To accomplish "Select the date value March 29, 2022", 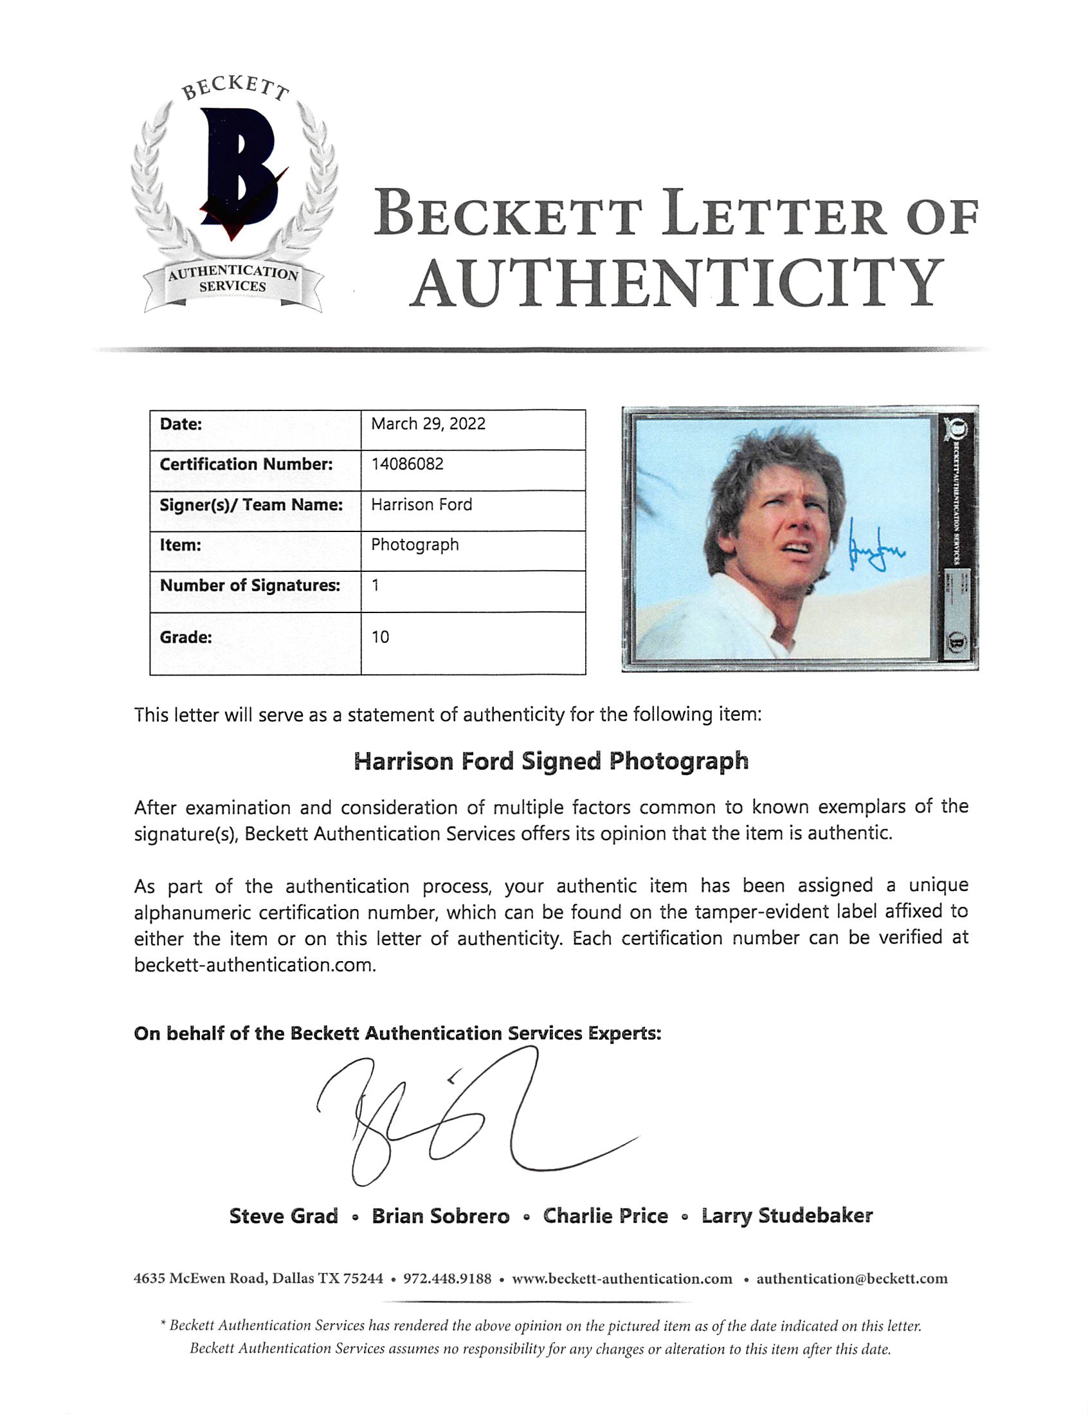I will click(428, 424).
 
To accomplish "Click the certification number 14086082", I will click(407, 464).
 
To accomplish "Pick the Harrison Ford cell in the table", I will click(421, 505).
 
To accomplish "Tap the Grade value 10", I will click(381, 637).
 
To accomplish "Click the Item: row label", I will click(181, 545).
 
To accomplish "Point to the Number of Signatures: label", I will click(250, 586).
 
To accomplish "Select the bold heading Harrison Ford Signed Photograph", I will click(551, 762).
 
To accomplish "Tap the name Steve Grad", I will click(284, 1216).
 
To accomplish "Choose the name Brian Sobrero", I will click(440, 1216).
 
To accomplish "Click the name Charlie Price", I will click(605, 1216).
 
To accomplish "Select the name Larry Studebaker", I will click(787, 1216).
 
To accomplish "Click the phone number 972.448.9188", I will click(448, 1279).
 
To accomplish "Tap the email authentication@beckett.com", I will click(852, 1279).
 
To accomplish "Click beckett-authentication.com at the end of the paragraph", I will click(255, 966).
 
